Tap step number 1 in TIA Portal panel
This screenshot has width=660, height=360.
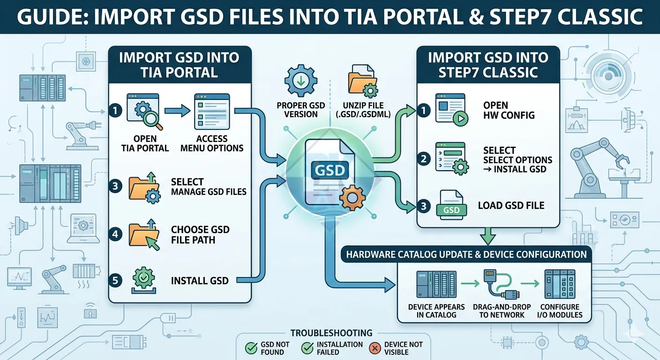point(115,111)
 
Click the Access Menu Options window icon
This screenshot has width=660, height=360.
point(212,111)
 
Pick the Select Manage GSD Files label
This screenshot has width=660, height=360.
point(208,186)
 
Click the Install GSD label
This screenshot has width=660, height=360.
point(200,281)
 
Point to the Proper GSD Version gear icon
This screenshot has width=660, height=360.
point(301,82)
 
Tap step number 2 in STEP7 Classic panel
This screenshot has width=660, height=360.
point(424,159)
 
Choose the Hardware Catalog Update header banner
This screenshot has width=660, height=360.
point(466,255)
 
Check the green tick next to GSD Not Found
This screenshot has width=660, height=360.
point(251,348)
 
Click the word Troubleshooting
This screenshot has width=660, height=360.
point(331,333)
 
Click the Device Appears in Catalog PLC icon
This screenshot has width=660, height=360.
point(436,285)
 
